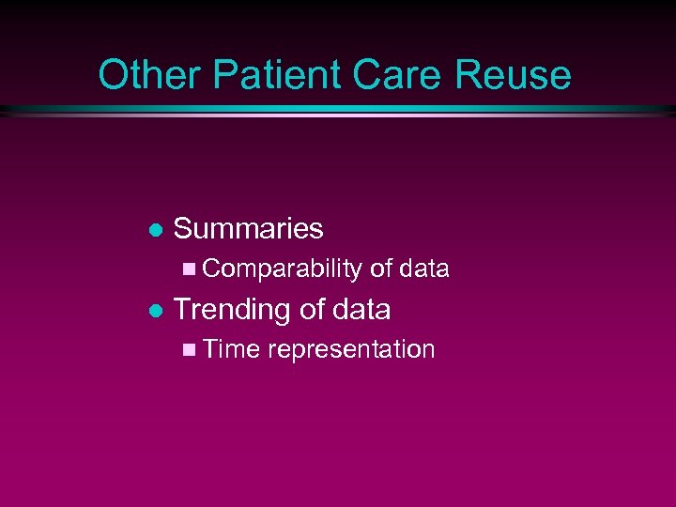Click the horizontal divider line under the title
[338, 111]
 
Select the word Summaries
[249, 228]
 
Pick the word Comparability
[282, 269]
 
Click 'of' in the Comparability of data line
[380, 269]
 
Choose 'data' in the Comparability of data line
[424, 269]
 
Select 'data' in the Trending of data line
[361, 309]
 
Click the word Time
[231, 349]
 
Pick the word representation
[351, 350]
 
